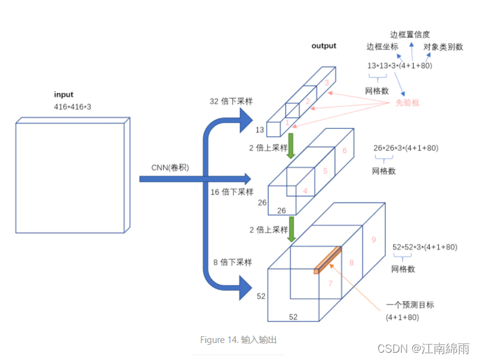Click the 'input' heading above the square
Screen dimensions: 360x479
point(63,94)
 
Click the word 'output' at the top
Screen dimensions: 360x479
point(323,46)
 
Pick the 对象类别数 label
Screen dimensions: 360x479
point(444,47)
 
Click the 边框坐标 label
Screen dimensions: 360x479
point(381,47)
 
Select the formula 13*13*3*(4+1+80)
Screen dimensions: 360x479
point(399,65)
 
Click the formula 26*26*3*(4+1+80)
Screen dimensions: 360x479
point(405,148)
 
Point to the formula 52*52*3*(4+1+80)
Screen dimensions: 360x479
point(425,247)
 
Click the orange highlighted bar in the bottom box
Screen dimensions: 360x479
point(328,260)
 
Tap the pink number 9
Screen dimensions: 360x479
point(373,240)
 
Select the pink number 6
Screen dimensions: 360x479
point(344,151)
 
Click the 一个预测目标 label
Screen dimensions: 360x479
point(410,305)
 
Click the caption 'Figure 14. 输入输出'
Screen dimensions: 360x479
point(239,340)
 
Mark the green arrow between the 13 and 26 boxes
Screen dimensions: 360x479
point(291,146)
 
